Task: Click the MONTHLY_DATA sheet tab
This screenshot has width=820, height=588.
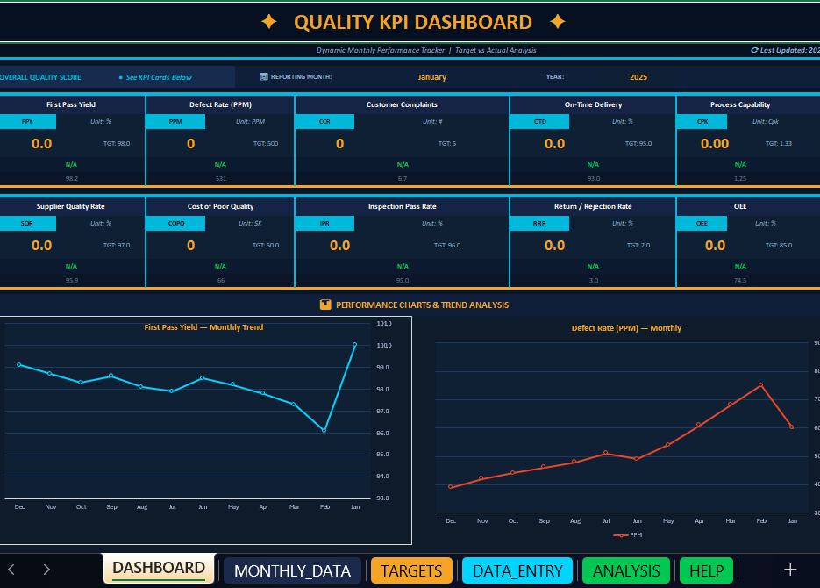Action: pyautogui.click(x=292, y=570)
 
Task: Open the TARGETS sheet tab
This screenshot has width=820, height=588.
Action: pyautogui.click(x=411, y=570)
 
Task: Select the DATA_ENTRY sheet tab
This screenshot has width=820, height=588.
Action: pyautogui.click(x=517, y=570)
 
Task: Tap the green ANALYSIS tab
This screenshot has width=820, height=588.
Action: pyautogui.click(x=626, y=570)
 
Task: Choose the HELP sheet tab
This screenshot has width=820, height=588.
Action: pyautogui.click(x=706, y=570)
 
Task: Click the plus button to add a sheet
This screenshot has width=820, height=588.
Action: pyautogui.click(x=789, y=570)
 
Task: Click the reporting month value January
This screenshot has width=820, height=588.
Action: pyautogui.click(x=431, y=77)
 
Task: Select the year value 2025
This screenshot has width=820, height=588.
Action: pyautogui.click(x=638, y=77)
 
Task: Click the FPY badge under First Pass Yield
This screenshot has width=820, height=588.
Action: pyautogui.click(x=27, y=122)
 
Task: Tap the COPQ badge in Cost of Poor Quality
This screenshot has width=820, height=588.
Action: pyautogui.click(x=176, y=224)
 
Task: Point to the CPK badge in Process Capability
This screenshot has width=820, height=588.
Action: pyautogui.click(x=702, y=122)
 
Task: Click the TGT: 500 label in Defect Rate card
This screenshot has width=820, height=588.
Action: pyautogui.click(x=265, y=143)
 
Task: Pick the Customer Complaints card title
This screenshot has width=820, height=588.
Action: pyautogui.click(x=402, y=104)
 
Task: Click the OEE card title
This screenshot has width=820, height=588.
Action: pyautogui.click(x=739, y=206)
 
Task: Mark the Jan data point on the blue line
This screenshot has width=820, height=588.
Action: pyautogui.click(x=354, y=345)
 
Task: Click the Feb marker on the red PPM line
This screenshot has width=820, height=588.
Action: pyautogui.click(x=760, y=384)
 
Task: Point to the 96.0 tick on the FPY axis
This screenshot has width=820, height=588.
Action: pyautogui.click(x=382, y=433)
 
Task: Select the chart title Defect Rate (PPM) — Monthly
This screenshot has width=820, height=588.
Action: pyautogui.click(x=626, y=328)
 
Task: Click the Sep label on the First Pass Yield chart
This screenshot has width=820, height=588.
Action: pyautogui.click(x=111, y=506)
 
